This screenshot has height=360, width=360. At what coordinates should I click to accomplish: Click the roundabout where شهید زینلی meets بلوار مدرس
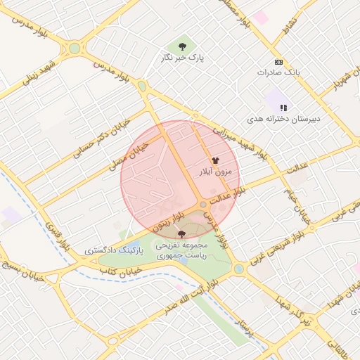[x=75, y=49]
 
